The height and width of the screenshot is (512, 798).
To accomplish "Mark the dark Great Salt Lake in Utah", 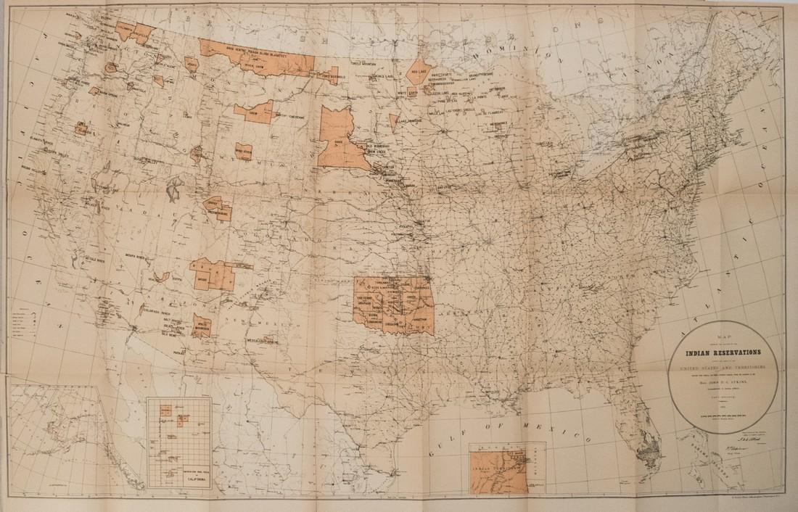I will pos(173,191).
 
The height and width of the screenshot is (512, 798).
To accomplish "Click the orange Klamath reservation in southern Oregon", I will pos(81,130).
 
